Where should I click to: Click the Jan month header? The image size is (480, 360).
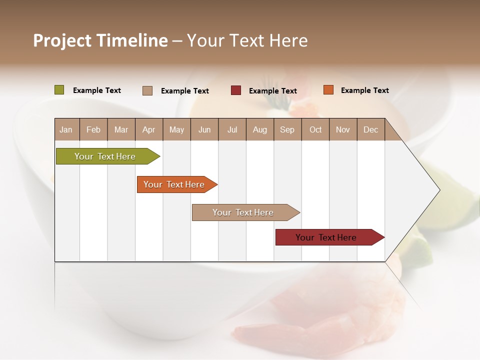[x=66, y=129]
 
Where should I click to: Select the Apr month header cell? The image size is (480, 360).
[x=149, y=129]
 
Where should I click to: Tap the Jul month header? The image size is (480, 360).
[x=232, y=129]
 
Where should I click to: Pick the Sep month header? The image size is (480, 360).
[x=287, y=129]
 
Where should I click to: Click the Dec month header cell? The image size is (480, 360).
[x=370, y=129]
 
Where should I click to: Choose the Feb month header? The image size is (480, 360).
[x=93, y=129]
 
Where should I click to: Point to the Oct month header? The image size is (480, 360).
[x=315, y=129]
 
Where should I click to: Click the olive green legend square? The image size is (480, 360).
[x=59, y=90]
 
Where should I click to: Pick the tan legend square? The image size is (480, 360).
[x=147, y=90]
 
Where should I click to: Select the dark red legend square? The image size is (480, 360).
[x=236, y=90]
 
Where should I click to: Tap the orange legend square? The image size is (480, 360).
[x=328, y=90]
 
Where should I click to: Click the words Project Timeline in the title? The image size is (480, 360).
[x=100, y=40]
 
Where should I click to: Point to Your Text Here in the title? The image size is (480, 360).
[x=247, y=40]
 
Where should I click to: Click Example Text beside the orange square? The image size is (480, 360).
[x=364, y=90]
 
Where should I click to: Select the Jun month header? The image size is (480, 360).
[x=204, y=129]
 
